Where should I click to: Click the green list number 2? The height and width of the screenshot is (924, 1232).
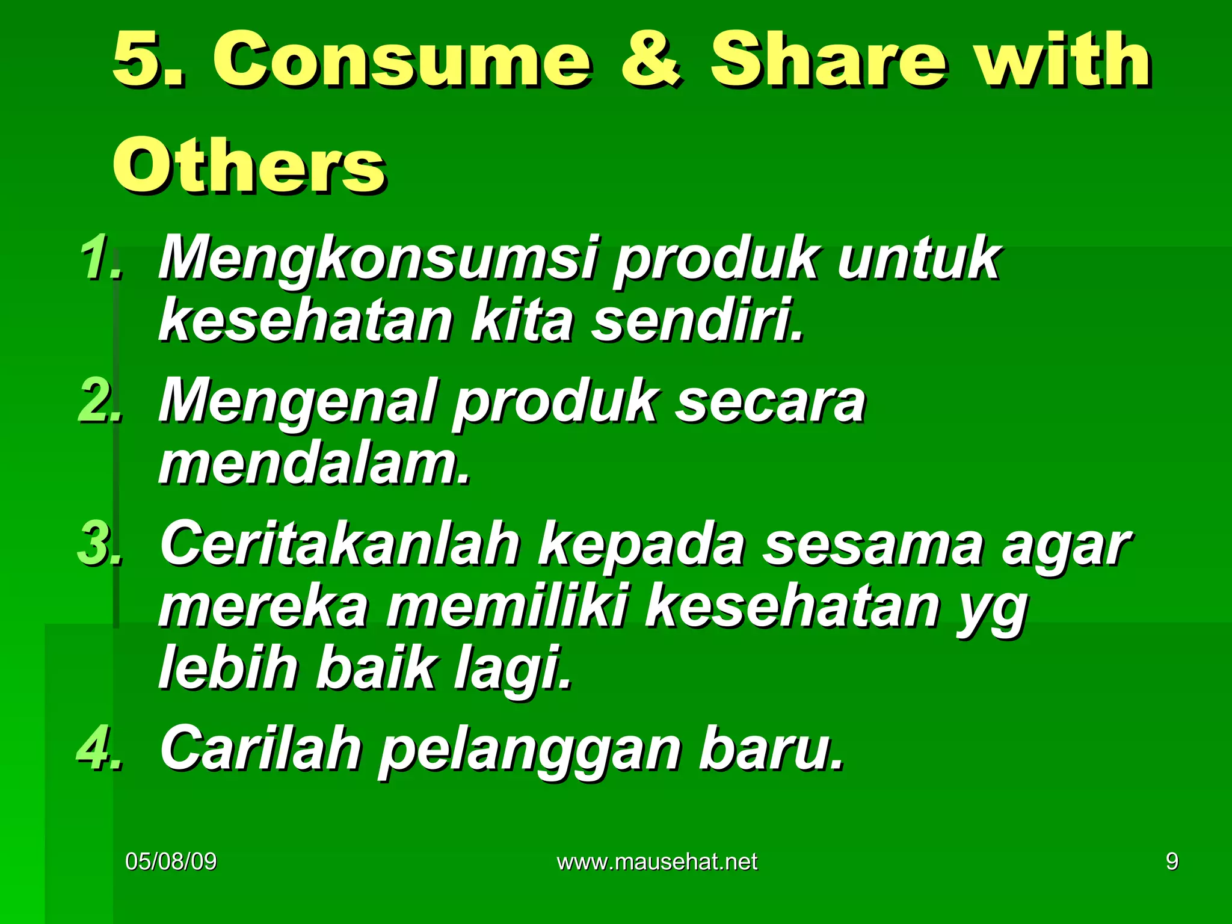click(x=99, y=400)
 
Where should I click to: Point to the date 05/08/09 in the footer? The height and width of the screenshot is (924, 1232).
click(x=171, y=861)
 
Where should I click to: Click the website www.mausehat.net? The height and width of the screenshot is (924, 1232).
click(x=657, y=862)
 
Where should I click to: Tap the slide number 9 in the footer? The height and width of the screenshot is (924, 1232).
click(x=1172, y=861)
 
